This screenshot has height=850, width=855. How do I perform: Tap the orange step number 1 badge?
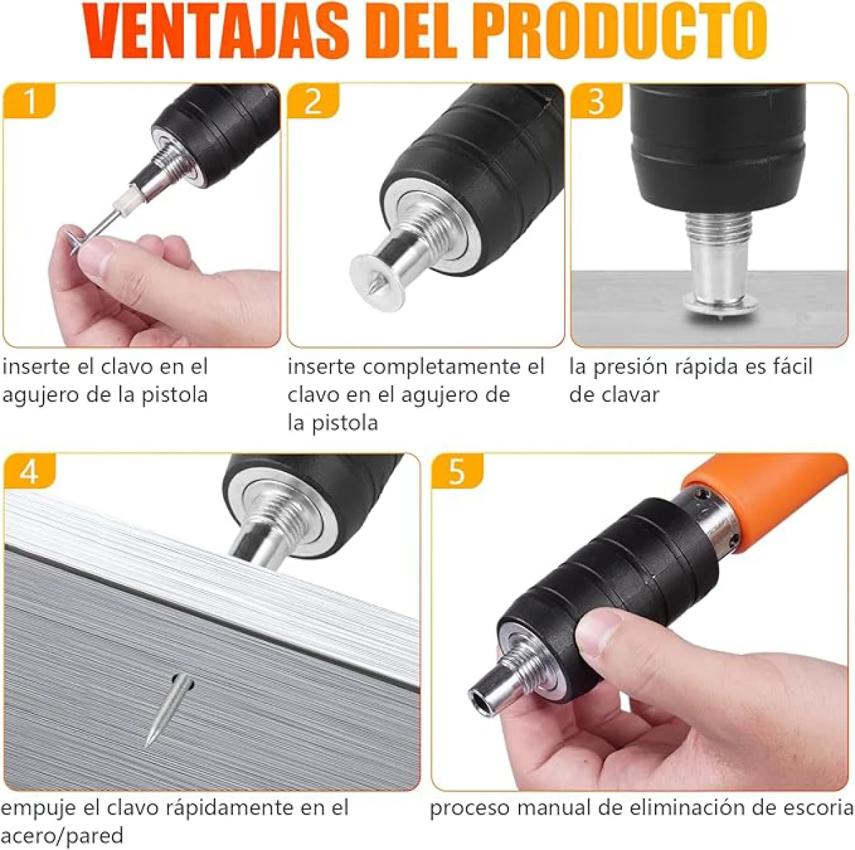[29, 100]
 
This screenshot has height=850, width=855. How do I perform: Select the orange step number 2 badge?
[313, 100]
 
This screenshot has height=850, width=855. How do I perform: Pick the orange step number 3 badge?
[597, 100]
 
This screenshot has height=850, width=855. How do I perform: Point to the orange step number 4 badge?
[29, 471]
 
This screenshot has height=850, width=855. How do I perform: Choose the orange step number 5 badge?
[457, 471]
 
